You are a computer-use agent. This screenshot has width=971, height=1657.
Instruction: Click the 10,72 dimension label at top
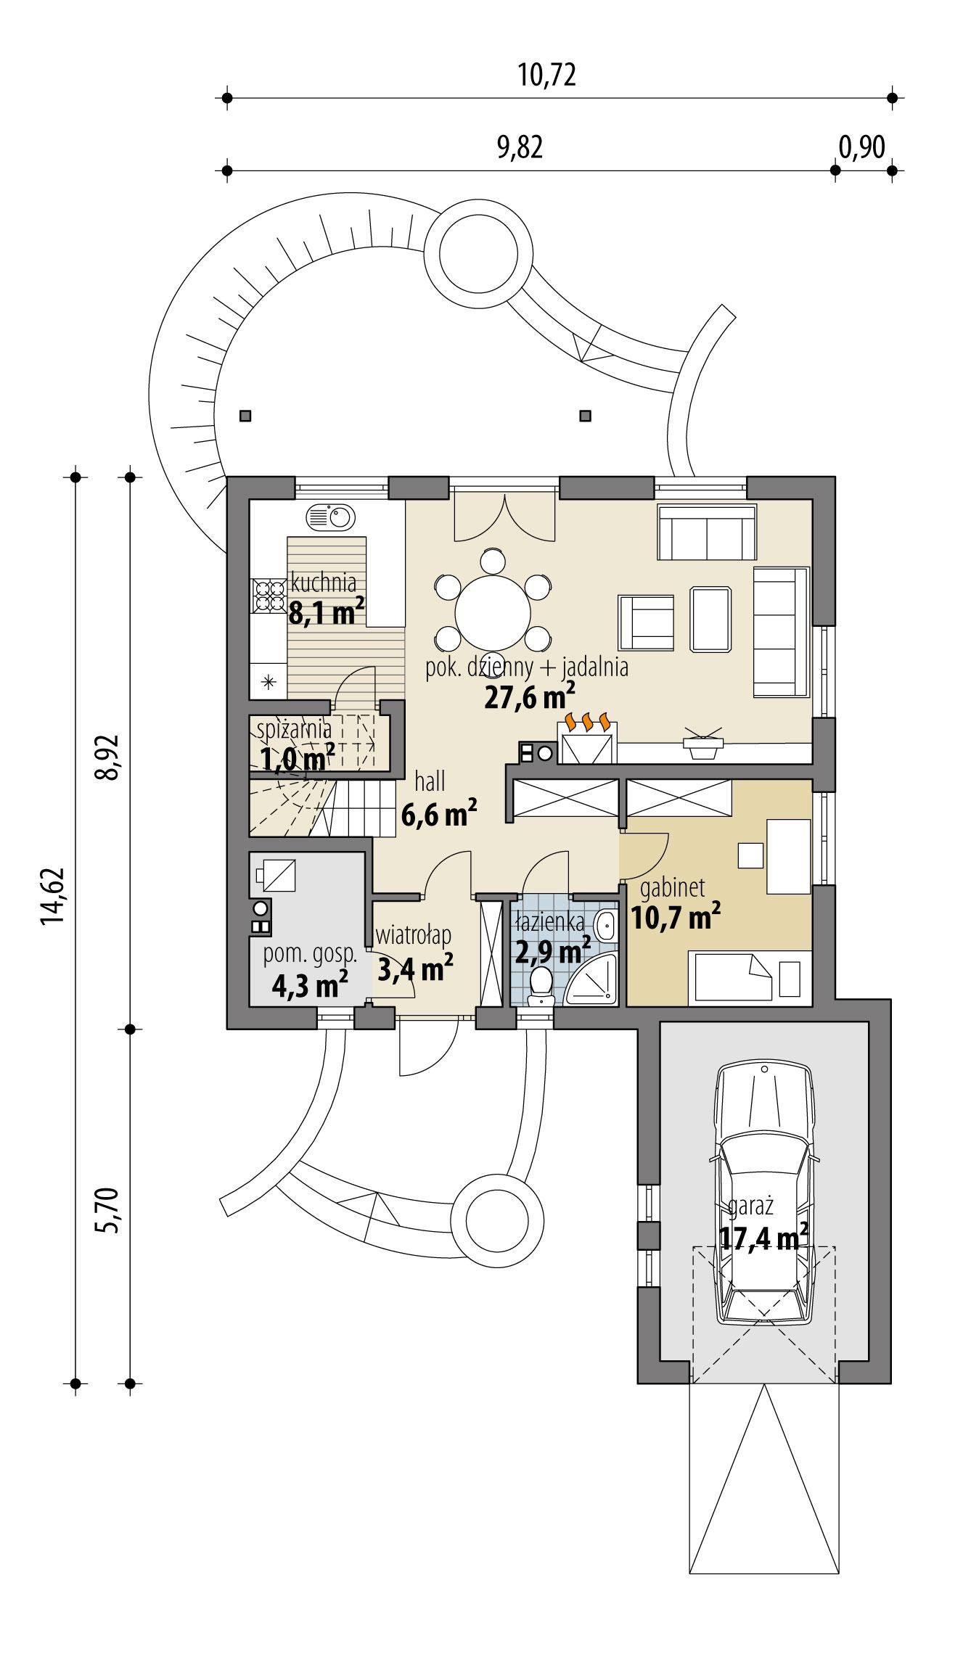(x=547, y=75)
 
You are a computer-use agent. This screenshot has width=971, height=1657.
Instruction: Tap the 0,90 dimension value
(x=862, y=147)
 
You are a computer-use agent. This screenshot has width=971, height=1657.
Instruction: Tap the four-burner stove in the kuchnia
(x=269, y=595)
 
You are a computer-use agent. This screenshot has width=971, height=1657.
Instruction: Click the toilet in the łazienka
(x=541, y=987)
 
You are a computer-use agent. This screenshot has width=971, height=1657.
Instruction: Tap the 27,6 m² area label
(x=529, y=697)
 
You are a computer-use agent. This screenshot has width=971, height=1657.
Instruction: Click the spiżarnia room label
(x=295, y=728)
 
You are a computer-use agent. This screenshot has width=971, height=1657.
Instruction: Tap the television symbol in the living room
(x=702, y=745)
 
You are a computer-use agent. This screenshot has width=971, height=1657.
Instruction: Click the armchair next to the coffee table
(x=646, y=622)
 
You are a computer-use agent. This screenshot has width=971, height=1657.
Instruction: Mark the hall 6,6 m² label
(x=439, y=815)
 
